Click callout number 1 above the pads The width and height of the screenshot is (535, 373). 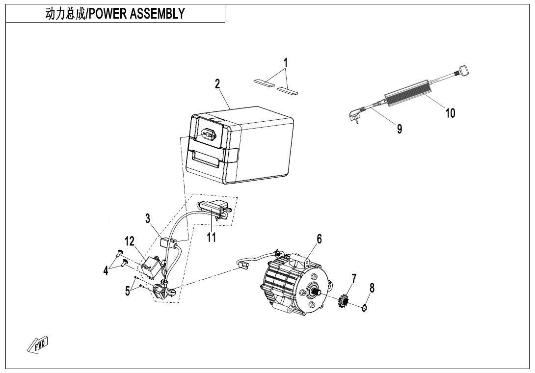tap(286, 63)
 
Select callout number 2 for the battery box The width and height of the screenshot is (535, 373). tap(217, 84)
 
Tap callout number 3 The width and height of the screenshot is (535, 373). tap(148, 219)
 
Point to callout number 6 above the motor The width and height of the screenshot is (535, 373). tap(319, 239)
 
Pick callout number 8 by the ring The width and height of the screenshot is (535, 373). tap(372, 288)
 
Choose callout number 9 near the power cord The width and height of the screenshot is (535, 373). tap(400, 129)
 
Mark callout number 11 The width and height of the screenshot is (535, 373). tap(212, 238)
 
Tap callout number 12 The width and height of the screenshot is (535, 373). tap(129, 241)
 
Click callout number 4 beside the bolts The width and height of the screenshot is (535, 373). tap(106, 270)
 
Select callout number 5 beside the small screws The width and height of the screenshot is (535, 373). tap(128, 291)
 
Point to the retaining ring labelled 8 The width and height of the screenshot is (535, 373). tap(364, 308)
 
